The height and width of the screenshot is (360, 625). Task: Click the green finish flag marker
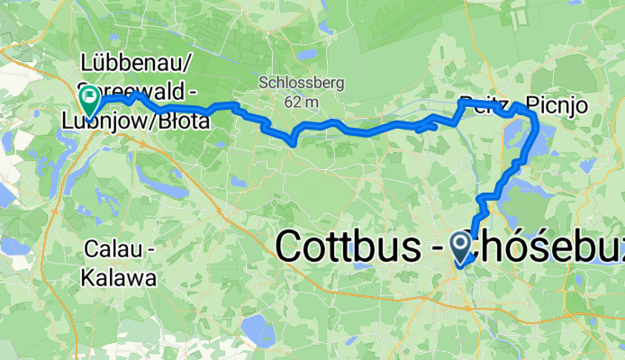point(90,95)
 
